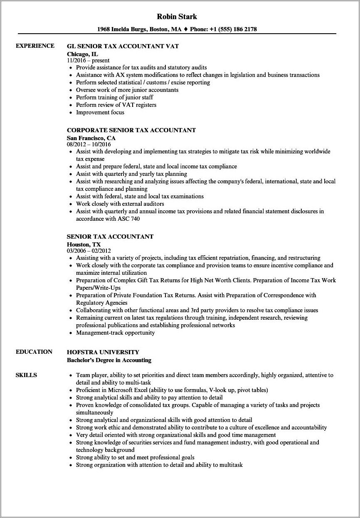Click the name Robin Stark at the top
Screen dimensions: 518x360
click(177, 17)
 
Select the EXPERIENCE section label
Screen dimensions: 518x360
click(35, 46)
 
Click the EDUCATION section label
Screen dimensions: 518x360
click(34, 352)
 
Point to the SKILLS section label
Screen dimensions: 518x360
click(26, 375)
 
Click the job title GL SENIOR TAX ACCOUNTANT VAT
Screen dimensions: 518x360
click(123, 46)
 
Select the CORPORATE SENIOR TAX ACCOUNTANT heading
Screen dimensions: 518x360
click(131, 130)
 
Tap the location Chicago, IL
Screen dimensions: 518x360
click(82, 54)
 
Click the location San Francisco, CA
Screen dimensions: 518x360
click(91, 138)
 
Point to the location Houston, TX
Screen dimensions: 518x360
click(84, 244)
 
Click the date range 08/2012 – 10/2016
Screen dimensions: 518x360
click(91, 145)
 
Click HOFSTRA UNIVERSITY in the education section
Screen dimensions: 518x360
click(103, 352)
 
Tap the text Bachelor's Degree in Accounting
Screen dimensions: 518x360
click(109, 360)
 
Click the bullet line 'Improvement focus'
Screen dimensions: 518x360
click(100, 112)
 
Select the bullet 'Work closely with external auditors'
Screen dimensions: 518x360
click(120, 204)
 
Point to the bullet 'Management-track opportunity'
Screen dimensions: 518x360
click(115, 333)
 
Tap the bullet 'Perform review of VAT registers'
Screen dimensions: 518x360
click(116, 105)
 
